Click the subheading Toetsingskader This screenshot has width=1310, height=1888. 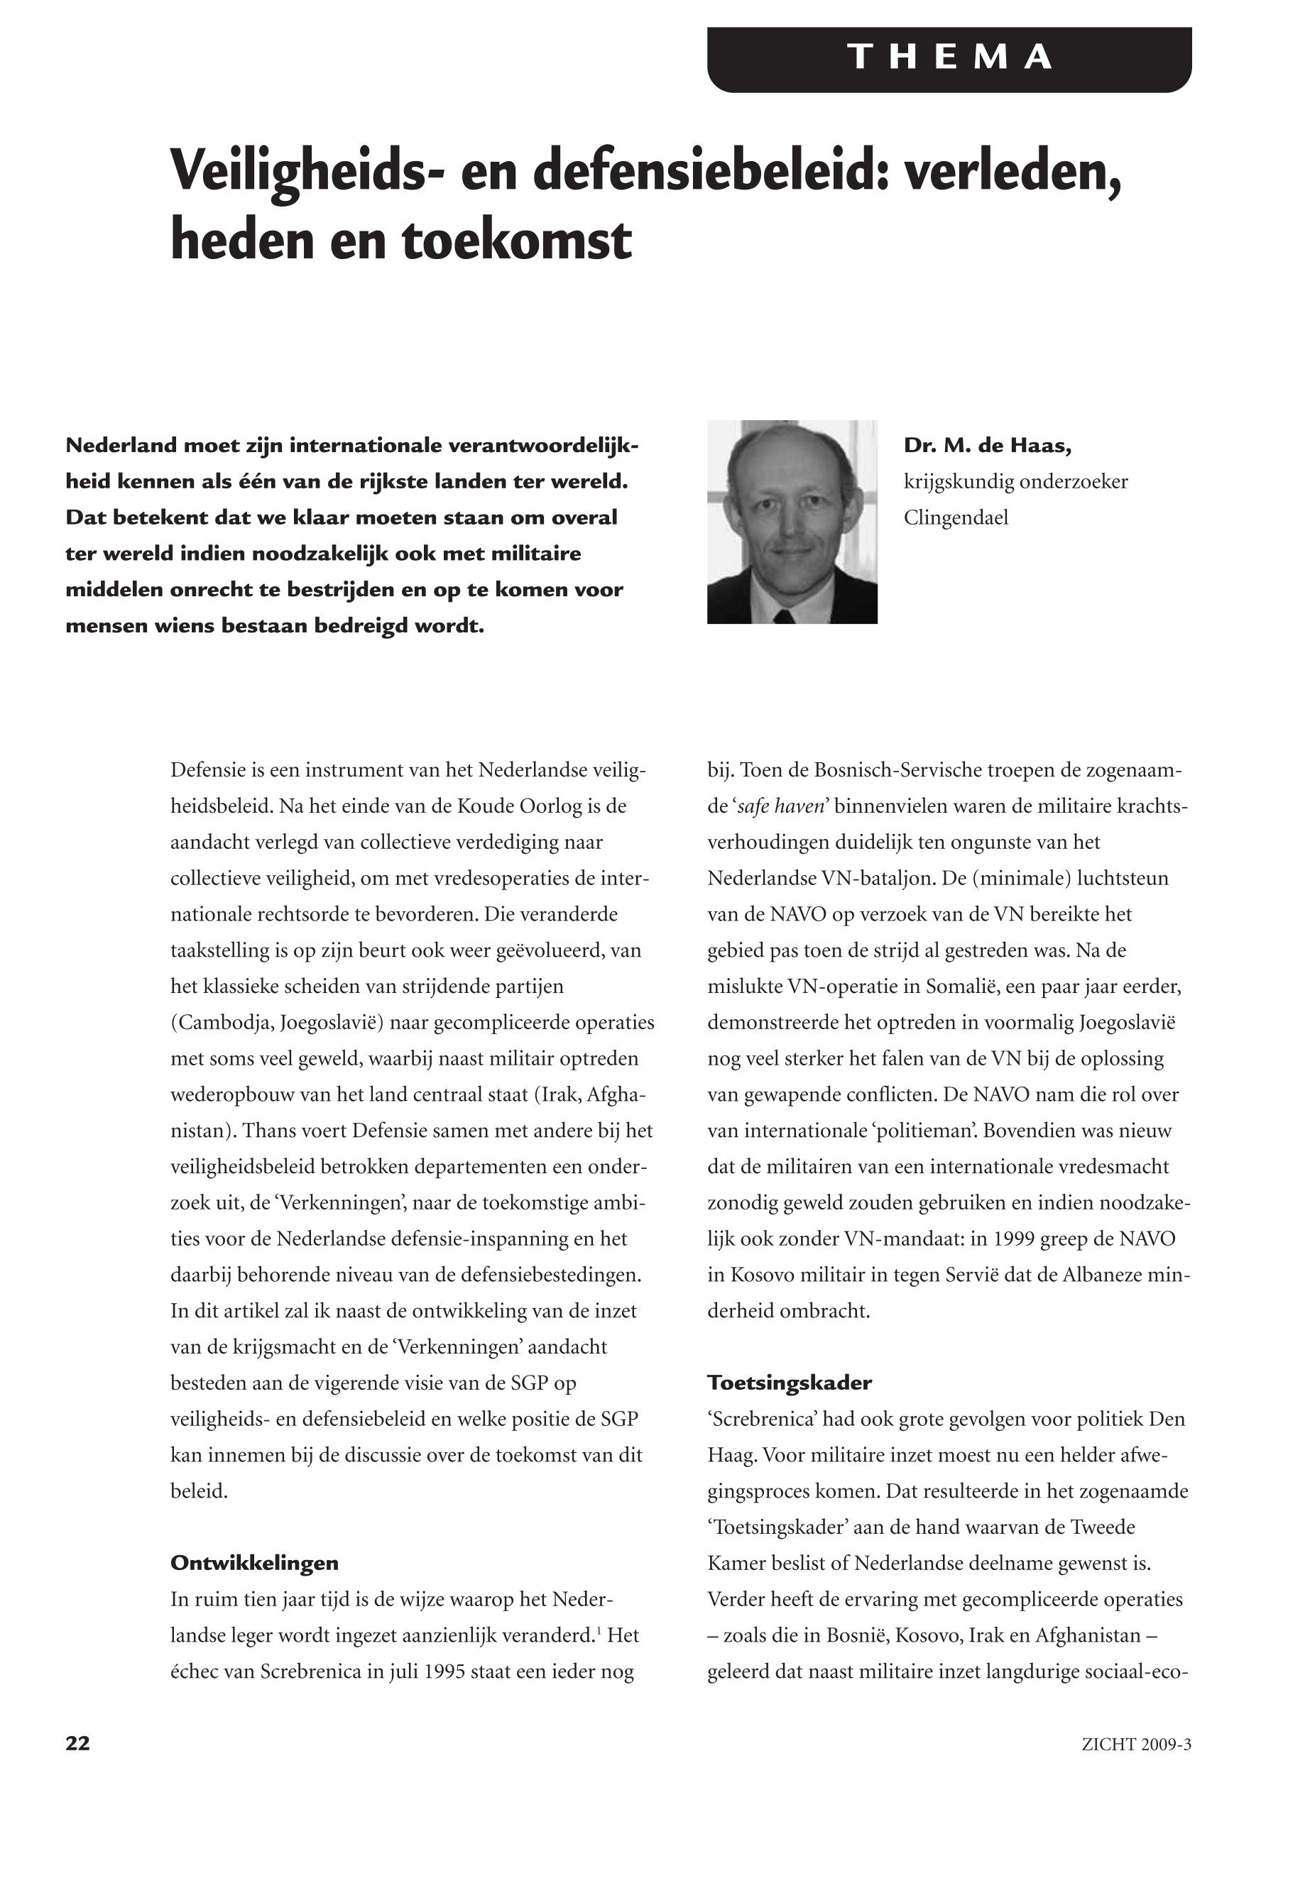point(789,1383)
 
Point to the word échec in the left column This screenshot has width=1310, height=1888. point(195,1672)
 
